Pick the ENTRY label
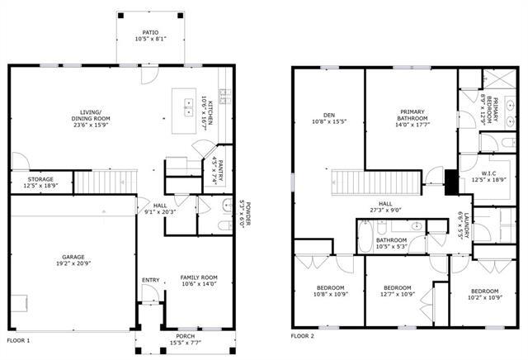click(150, 279)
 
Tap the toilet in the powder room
click(223, 223)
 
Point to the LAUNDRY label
click(466, 225)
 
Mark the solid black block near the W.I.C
click(450, 181)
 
